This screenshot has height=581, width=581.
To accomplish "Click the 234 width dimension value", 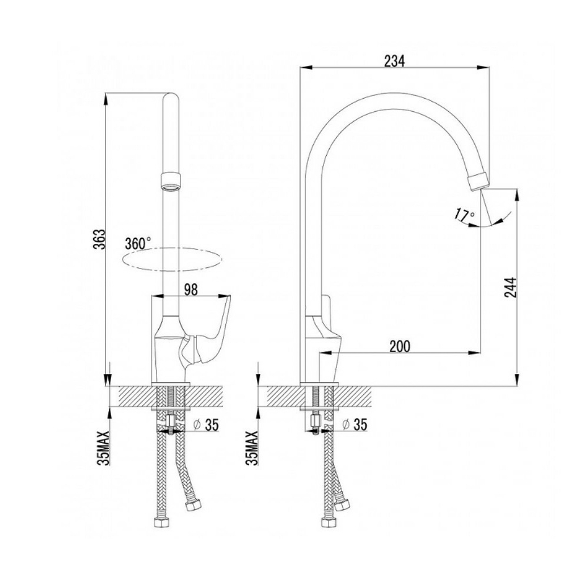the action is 394,61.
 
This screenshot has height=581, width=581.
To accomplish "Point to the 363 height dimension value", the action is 100,239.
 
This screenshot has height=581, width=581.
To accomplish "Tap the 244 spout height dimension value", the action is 511,287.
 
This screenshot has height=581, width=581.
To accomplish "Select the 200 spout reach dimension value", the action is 400,347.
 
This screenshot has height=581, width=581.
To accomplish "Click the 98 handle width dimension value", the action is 191,289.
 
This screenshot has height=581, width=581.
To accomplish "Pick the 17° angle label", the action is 465,216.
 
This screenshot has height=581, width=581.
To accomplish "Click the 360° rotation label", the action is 138,243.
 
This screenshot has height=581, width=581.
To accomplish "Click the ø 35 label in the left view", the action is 207,425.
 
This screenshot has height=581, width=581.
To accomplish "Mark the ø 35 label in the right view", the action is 355,425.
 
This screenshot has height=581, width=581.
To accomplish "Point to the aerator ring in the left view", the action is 171,181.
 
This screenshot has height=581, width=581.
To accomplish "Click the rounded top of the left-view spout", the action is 171,98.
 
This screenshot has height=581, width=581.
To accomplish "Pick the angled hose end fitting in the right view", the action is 341,505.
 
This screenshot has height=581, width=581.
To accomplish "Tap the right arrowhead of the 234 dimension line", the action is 483,68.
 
